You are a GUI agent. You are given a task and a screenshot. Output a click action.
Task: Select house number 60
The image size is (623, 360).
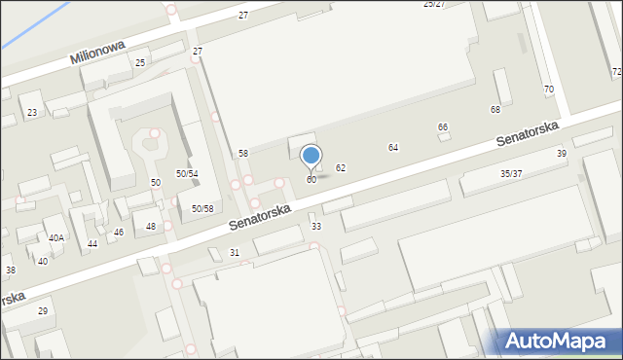point(311,180)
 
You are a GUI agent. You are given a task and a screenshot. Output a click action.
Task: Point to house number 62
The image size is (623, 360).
point(341,168)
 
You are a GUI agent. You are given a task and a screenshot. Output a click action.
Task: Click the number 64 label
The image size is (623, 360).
point(393,148)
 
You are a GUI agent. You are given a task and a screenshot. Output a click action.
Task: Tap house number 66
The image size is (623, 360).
point(443,127)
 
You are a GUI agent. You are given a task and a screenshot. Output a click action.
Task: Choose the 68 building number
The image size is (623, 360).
point(495,110)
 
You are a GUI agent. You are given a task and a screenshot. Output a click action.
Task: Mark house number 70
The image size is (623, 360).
point(548,90)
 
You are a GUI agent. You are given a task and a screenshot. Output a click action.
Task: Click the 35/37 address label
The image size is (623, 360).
point(511,174)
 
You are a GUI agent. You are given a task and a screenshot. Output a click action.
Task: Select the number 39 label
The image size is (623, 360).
point(561,154)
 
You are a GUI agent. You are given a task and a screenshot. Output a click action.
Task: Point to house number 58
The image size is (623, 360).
point(243,154)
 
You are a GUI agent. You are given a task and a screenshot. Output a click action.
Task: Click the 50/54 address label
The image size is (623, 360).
point(187,173)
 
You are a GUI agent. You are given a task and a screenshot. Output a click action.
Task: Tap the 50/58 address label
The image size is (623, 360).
point(202,209)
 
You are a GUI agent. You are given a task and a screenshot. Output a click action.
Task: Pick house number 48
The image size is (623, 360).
point(150,227)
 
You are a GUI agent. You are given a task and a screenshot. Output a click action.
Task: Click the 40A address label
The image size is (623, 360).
point(56,238)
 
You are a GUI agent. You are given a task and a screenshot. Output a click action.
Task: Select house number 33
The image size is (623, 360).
point(316,227)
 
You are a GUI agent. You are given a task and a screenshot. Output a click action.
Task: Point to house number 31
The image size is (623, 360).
point(235,253)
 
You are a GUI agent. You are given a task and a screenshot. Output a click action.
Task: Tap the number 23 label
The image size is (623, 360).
point(32,113)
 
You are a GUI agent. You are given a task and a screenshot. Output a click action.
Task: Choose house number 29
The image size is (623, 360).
point(43,311)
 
